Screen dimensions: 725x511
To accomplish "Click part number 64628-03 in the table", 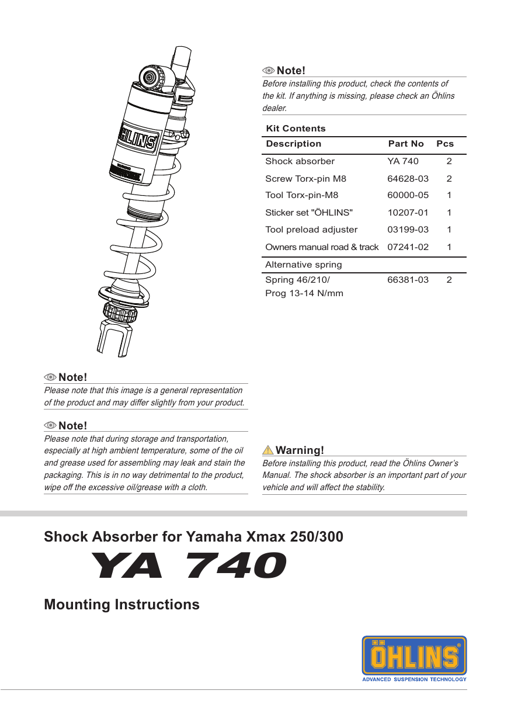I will pos(408,179).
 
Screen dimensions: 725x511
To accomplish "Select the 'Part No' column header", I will pos(406,144).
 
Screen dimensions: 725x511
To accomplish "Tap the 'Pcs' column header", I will pos(445,144).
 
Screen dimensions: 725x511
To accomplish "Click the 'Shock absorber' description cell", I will pos(300,161).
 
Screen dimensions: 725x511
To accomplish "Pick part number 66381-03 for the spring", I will pos(408,280).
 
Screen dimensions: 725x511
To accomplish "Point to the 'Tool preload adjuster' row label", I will pos(311,230).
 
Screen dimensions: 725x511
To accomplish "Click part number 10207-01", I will pos(408,213).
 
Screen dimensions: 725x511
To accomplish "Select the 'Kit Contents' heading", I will pos(296,129).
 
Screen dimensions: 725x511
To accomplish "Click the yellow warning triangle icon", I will pos(268,450).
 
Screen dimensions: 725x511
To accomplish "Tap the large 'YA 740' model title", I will pos(189,566).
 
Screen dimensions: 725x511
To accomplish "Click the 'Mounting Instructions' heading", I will pos(121,604).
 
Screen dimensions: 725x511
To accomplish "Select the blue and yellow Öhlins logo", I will pos(414,655).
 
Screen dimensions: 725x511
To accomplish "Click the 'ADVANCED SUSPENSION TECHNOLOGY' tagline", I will pos(414,679).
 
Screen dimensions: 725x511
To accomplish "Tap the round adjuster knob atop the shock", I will pos(151,77).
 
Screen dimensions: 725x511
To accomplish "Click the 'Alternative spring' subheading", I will pos(304,265).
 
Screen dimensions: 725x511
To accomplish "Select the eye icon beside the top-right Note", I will pos(269,71).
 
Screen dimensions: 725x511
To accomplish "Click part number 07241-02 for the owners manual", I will pos(408,247).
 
